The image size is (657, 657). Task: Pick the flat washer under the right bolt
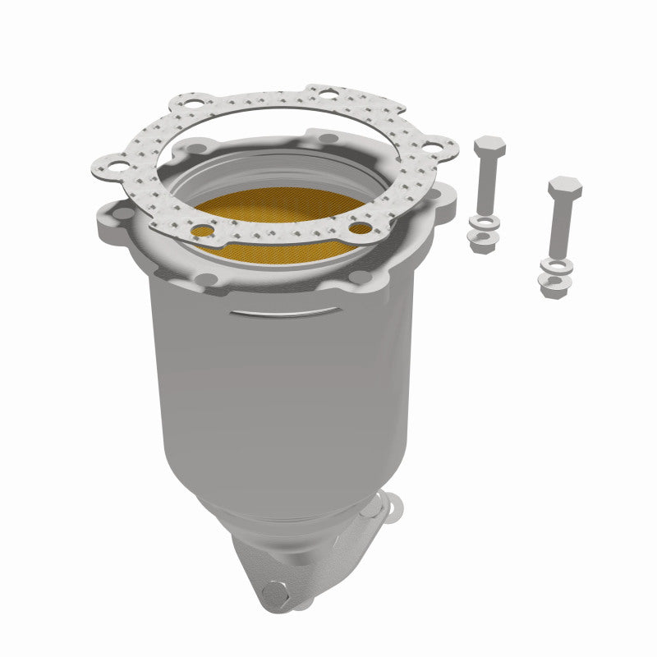pos(556,264)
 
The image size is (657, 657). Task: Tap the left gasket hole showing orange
pos(202,231)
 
